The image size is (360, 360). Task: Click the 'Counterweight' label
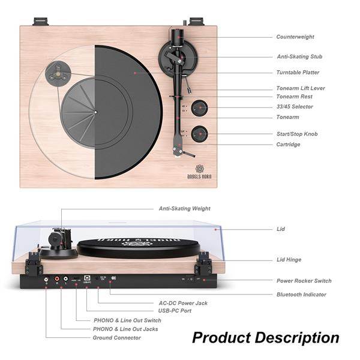pos(295,37)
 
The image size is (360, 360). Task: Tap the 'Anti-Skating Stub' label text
pos(299,57)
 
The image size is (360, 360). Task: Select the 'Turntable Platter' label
pos(298,73)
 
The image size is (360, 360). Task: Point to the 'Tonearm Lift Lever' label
pos(301,88)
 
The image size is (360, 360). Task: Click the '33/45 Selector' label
pos(295,107)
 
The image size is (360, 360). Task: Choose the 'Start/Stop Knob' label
pos(297,134)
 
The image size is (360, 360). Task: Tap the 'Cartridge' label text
pos(288,145)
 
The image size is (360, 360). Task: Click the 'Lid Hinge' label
pos(289,260)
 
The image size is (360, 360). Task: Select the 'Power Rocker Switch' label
pos(304,281)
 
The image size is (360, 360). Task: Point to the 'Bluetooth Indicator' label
pos(301,295)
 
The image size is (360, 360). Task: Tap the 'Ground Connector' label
pos(117,338)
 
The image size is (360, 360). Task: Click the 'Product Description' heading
pos(265,338)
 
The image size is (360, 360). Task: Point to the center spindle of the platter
pos(95,112)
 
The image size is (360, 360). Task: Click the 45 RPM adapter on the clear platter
pos(58,73)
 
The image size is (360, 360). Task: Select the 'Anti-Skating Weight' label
pos(184,209)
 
